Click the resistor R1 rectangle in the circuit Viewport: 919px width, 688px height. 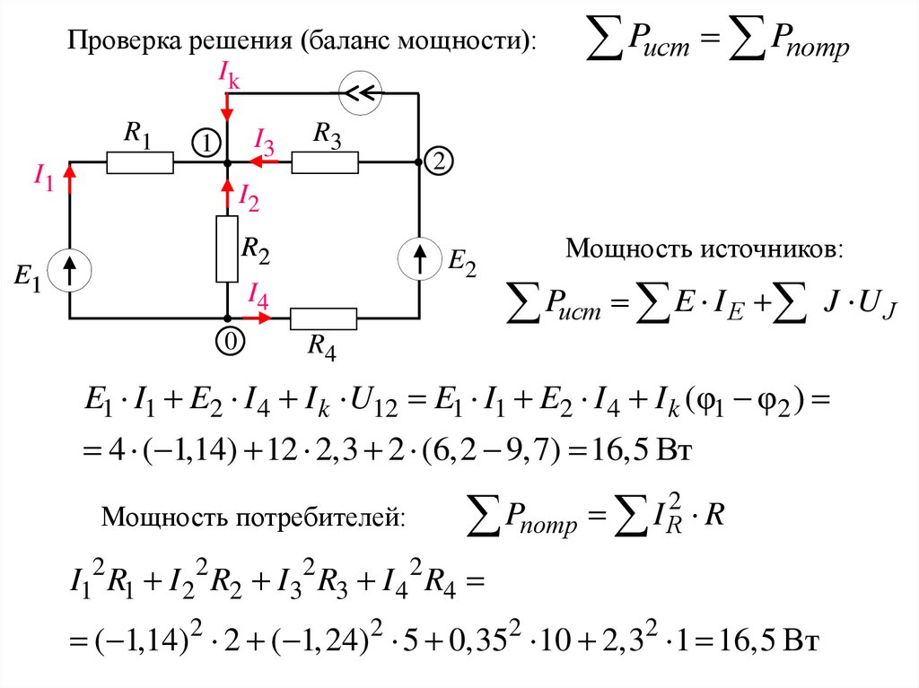coord(140,162)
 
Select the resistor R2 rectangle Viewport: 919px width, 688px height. coord(227,248)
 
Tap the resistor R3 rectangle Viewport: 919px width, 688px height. coord(325,162)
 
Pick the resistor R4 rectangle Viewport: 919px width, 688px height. coord(323,318)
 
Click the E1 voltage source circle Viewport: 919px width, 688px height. coord(69,269)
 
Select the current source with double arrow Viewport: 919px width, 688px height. coord(363,91)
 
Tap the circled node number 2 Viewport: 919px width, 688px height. coord(440,162)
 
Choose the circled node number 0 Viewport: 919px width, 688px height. coord(228,341)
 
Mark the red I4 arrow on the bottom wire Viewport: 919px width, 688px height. coord(258,318)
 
